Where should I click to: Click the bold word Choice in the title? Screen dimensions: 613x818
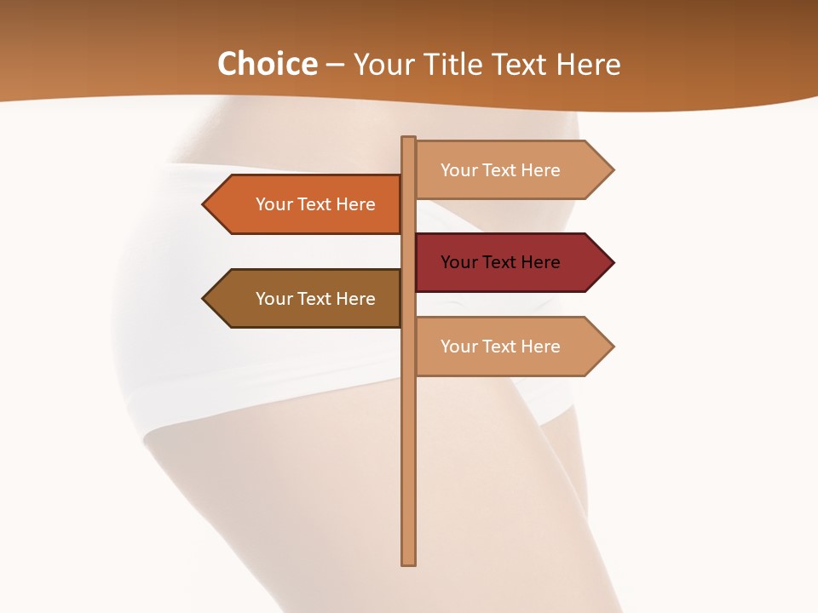coord(267,64)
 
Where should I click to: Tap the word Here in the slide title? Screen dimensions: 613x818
coord(588,64)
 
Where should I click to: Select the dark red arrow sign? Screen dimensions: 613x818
coord(511,262)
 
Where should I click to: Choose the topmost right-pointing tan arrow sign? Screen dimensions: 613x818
coord(511,169)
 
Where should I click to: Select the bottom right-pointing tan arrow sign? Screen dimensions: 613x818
coord(511,347)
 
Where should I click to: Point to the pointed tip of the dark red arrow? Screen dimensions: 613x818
coord(612,262)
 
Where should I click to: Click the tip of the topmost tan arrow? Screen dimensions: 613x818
coord(612,169)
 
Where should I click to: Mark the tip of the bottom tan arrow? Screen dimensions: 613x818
coord(612,347)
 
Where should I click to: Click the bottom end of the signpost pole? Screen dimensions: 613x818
coord(409,563)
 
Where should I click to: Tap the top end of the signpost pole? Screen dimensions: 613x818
coord(409,138)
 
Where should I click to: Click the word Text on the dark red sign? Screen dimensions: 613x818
coord(500,262)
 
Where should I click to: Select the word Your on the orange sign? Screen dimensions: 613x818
coord(274,204)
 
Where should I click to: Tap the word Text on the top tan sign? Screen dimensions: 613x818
coord(500,169)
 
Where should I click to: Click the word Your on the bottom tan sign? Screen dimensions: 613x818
coord(459,347)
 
